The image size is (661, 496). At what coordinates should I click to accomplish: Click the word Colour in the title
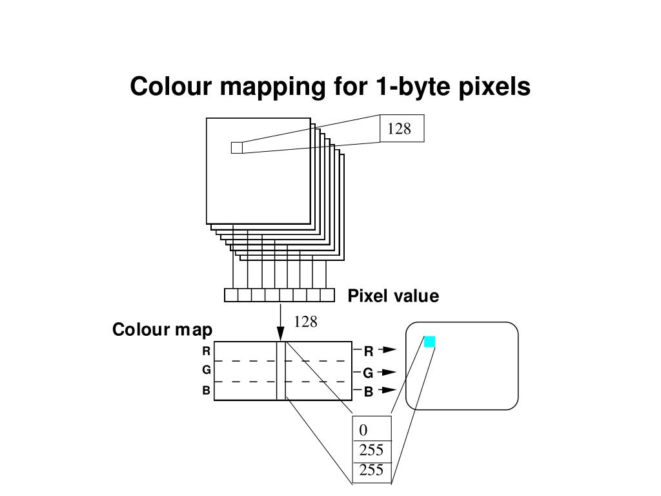pyautogui.click(x=170, y=87)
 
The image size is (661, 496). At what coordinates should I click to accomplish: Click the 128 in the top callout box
pyautogui.click(x=400, y=129)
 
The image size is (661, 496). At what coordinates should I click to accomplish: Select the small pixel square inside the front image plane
pyautogui.click(x=236, y=148)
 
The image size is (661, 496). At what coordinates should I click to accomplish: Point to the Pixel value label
pyautogui.click(x=393, y=296)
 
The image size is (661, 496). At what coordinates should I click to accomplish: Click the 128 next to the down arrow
pyautogui.click(x=305, y=322)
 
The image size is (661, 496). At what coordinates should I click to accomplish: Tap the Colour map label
pyautogui.click(x=162, y=330)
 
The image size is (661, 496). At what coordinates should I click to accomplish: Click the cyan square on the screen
pyautogui.click(x=429, y=342)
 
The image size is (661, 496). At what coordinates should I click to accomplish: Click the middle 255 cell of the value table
pyautogui.click(x=371, y=450)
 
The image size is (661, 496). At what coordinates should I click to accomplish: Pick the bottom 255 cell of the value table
pyautogui.click(x=371, y=470)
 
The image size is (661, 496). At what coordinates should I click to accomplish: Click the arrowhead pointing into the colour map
pyautogui.click(x=281, y=335)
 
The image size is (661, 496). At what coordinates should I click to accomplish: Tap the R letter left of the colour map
pyautogui.click(x=207, y=351)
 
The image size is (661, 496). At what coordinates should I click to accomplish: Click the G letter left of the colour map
pyautogui.click(x=207, y=370)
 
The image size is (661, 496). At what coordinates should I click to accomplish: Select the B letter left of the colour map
pyautogui.click(x=207, y=390)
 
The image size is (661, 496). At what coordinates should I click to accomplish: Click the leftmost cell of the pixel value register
pyautogui.click(x=231, y=295)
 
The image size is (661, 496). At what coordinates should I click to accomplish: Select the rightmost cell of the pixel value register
pyautogui.click(x=327, y=295)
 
